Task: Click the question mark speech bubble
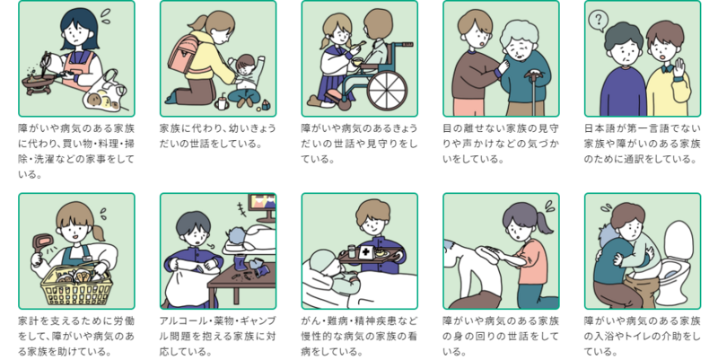click(598, 21)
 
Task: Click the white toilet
click(679, 261)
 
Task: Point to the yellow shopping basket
click(76, 287)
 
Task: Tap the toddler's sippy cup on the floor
click(222, 102)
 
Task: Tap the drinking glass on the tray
click(351, 251)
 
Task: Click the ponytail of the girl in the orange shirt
click(545, 224)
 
